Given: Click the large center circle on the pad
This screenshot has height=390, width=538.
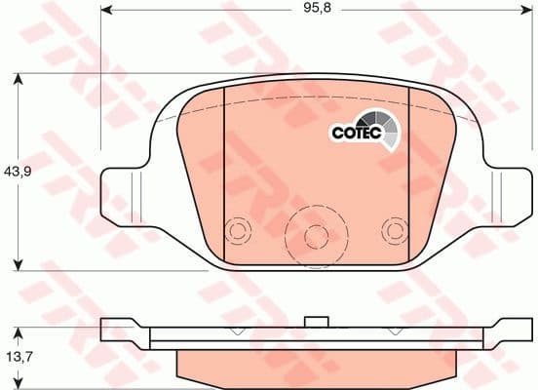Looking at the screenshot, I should click(x=313, y=235).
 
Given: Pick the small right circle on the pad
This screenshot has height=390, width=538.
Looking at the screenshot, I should click(x=393, y=231).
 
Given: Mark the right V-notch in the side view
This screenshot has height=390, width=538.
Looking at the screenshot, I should click(x=395, y=331).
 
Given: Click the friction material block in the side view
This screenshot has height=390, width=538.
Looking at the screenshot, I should click(x=313, y=364).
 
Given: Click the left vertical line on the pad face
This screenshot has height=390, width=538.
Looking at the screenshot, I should click(x=225, y=175).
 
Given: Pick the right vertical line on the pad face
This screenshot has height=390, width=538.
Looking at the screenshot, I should click(x=407, y=175).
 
